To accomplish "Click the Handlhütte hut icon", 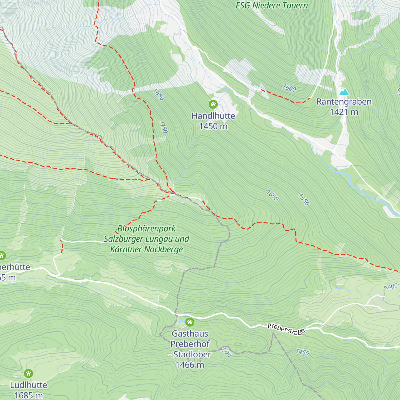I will (x=213, y=105).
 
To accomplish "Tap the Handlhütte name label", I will (x=213, y=116).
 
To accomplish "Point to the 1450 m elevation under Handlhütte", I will (x=213, y=126).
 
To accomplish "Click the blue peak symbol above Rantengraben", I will (x=344, y=92).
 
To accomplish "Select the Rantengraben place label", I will (x=344, y=102).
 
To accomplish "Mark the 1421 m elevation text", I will (x=344, y=112).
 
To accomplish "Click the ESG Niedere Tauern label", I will (x=272, y=5).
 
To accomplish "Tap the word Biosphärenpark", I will (x=146, y=229).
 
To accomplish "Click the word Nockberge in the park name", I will (x=165, y=249).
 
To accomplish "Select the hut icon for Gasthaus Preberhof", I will (x=190, y=322).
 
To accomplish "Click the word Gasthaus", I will (x=190, y=333).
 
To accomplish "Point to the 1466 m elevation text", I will (x=190, y=365).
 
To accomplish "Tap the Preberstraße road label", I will (x=286, y=329).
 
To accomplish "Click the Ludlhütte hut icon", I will (x=29, y=373).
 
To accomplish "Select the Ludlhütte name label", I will (x=29, y=385).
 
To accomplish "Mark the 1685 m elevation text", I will (x=29, y=395).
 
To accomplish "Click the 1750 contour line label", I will (x=163, y=127).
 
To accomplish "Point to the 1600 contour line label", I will (x=289, y=88).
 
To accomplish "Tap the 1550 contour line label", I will (x=304, y=199).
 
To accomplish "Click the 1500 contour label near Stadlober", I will (x=226, y=352).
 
